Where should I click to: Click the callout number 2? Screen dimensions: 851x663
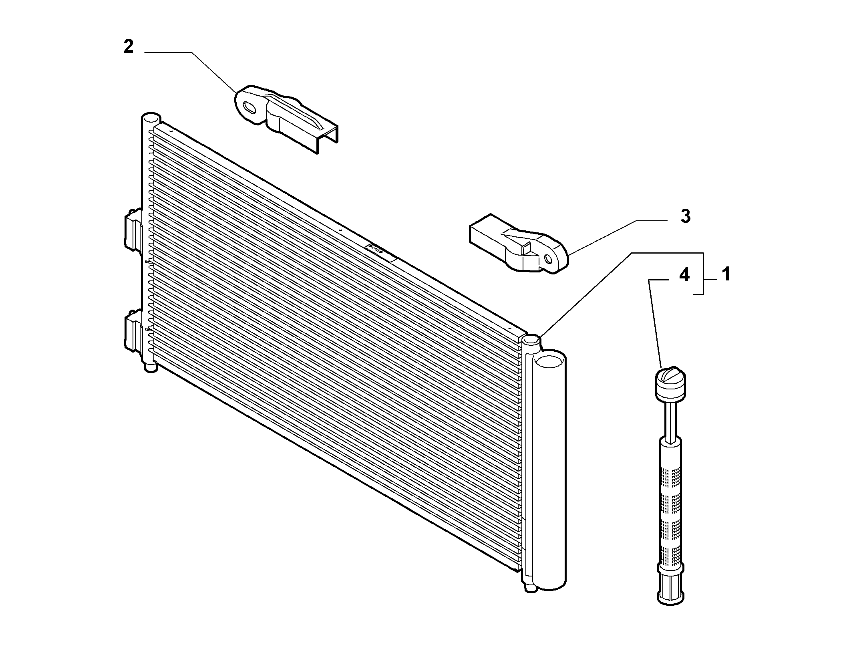click(128, 47)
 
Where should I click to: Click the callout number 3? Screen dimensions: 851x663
click(685, 216)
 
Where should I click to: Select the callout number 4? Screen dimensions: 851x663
click(684, 275)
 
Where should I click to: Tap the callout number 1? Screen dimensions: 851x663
click(726, 275)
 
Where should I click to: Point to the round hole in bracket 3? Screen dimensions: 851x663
click(549, 260)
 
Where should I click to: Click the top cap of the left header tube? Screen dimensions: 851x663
click(151, 119)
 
